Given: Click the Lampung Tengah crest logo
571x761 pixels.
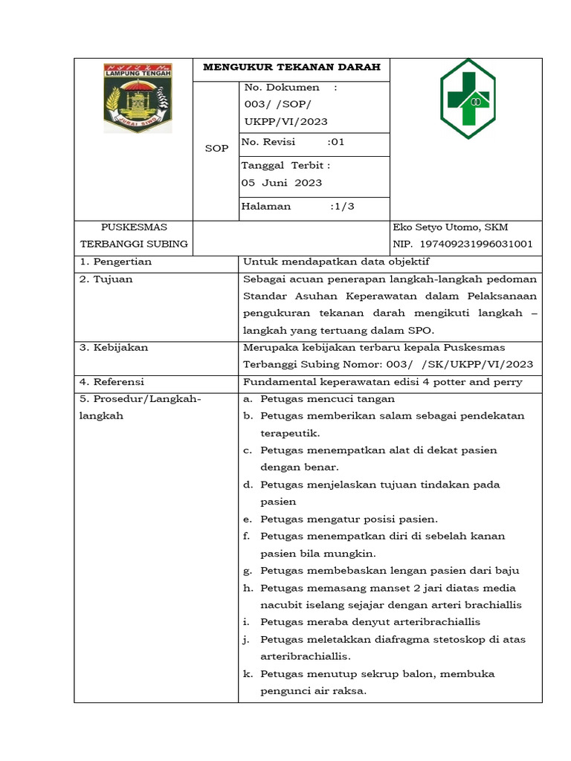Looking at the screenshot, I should tap(138, 97).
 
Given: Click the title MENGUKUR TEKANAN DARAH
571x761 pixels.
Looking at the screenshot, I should tap(292, 68).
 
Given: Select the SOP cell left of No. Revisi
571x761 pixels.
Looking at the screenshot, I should tap(216, 148).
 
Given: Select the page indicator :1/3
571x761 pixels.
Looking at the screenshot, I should tap(342, 207).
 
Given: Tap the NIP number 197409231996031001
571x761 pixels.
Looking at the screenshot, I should tap(477, 244).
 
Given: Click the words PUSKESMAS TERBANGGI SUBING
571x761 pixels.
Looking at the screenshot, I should tap(134, 236).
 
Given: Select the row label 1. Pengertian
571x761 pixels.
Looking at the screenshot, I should tap(116, 262).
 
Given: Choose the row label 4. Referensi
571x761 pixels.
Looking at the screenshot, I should tap(112, 381).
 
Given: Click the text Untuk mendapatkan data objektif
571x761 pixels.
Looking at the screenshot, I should tap(336, 262).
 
